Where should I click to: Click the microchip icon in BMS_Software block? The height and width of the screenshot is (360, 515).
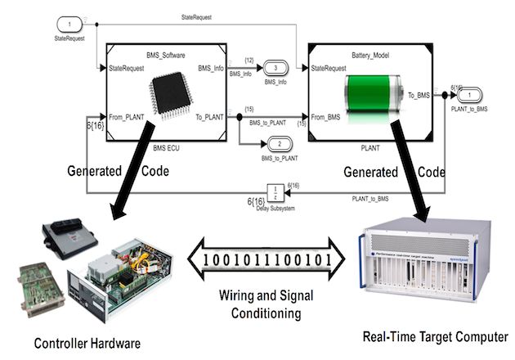pos(168,94)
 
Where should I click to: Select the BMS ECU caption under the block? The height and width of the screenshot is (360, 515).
pos(165,150)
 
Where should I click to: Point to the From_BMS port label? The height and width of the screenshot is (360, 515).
pos(328,116)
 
